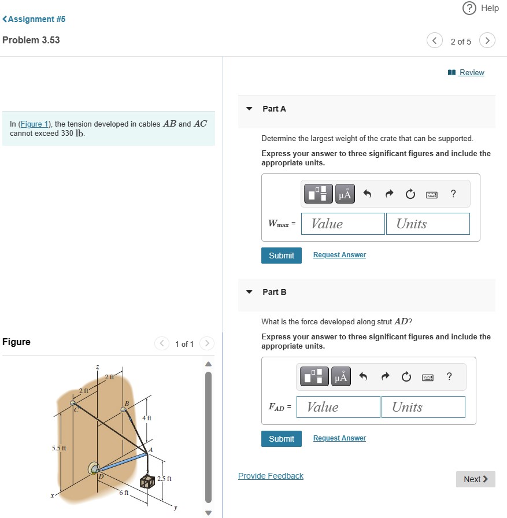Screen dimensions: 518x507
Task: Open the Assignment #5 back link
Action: tap(35, 19)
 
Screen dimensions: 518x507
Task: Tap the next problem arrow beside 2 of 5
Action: tap(488, 41)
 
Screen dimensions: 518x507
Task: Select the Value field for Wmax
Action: tap(343, 224)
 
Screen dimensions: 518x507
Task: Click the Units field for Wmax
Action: tap(428, 224)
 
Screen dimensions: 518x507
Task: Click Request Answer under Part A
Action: tap(339, 255)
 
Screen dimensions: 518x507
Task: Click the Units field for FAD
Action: tap(423, 407)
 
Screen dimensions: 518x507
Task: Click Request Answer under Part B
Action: tap(339, 438)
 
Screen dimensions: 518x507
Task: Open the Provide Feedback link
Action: tap(271, 476)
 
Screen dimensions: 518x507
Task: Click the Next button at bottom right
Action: tap(475, 479)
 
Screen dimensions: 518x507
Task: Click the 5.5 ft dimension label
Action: tap(59, 448)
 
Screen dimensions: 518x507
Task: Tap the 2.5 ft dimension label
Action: tap(165, 479)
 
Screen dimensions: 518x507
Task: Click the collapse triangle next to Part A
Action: tap(249, 109)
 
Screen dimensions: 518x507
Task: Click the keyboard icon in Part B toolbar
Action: tap(427, 378)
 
